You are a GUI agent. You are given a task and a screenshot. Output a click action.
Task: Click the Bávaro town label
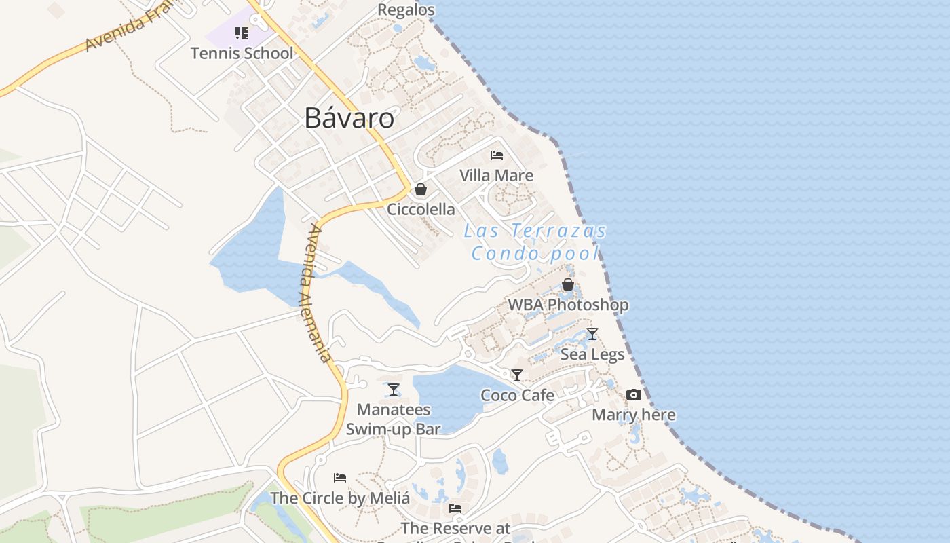(349, 118)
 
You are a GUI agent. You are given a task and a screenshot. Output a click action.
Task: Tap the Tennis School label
(242, 53)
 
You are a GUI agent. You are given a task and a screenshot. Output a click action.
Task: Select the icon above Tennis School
(242, 33)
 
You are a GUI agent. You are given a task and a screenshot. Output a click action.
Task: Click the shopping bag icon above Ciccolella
(421, 189)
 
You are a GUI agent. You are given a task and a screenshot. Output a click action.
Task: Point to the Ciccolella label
(421, 209)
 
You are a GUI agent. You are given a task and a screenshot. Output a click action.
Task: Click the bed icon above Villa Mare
(497, 155)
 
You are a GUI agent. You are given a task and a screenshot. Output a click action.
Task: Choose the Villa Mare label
(497, 175)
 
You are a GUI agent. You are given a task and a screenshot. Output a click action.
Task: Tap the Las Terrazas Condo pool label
(536, 242)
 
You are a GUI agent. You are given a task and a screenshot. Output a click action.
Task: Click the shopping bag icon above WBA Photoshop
(568, 285)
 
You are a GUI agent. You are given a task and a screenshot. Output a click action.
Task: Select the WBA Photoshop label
(568, 305)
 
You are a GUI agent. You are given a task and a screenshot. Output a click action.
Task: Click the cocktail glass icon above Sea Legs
(592, 334)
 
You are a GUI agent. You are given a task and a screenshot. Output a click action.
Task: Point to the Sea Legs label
(592, 354)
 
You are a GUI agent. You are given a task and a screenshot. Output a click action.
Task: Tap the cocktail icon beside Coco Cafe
(517, 375)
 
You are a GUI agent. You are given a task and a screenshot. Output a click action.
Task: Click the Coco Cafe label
(517, 395)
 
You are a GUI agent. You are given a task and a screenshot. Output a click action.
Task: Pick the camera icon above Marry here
(634, 395)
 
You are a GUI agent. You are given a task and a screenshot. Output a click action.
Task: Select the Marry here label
(634, 415)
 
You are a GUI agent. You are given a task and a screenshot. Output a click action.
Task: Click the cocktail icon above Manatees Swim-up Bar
(394, 390)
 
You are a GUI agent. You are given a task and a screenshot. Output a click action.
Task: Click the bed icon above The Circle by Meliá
(340, 478)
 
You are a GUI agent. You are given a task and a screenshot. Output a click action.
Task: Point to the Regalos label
(406, 10)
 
